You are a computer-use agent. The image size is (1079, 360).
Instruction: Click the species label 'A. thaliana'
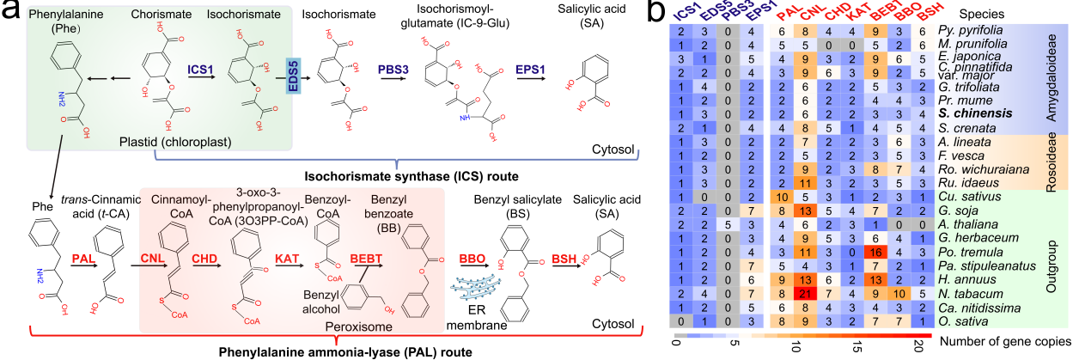click(x=966, y=224)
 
